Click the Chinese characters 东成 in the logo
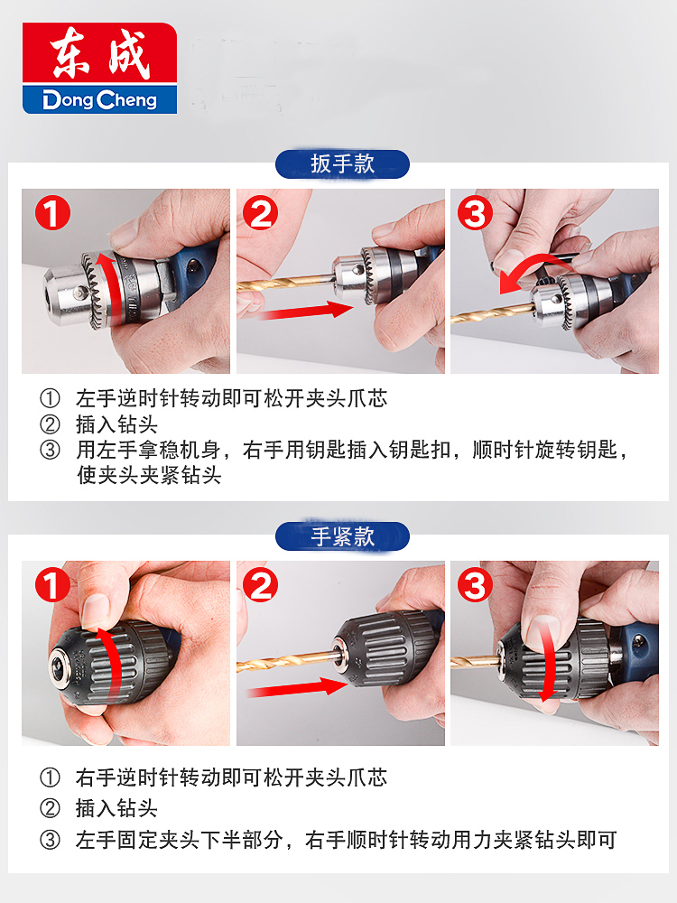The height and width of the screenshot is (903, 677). (x=100, y=52)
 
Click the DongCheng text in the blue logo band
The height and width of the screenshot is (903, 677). (x=99, y=99)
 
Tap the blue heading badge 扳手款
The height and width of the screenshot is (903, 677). (x=342, y=164)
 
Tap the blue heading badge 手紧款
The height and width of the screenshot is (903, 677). (x=342, y=536)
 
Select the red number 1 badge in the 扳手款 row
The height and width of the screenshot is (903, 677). (x=52, y=213)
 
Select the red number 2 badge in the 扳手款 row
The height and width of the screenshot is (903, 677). (x=260, y=213)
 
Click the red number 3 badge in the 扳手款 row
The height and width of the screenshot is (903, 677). (x=475, y=213)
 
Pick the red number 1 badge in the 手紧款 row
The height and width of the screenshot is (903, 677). (x=52, y=585)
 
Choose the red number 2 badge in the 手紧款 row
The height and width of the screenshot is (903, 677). (x=260, y=585)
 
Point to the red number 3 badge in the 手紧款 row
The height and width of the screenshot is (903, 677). (x=475, y=585)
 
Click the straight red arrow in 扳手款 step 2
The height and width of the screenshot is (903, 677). (x=305, y=311)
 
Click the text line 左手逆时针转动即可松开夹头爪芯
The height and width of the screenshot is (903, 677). (x=231, y=398)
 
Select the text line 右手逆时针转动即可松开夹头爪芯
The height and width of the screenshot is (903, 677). (x=231, y=777)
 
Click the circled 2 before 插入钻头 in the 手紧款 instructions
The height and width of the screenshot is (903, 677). (x=50, y=808)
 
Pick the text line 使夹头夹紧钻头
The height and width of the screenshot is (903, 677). (x=149, y=475)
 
